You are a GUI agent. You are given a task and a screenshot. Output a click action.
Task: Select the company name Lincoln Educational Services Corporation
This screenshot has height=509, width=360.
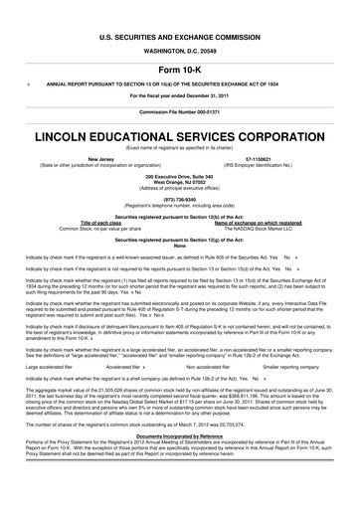pyautogui.click(x=179, y=133)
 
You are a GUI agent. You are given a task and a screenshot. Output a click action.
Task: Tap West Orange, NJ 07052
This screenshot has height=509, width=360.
pyautogui.click(x=179, y=181)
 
